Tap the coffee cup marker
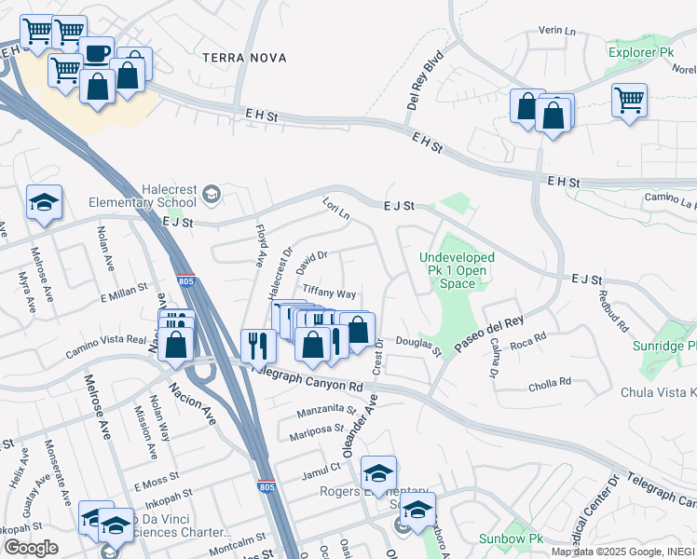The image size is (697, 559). (95, 52)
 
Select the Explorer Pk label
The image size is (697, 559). (640, 52)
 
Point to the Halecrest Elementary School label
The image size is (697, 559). (143, 195)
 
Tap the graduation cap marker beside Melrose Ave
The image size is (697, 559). (44, 203)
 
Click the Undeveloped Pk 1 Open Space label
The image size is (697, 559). (457, 269)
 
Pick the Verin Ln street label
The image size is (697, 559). (558, 31)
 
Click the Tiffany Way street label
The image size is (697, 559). (329, 293)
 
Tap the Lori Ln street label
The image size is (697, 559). (335, 209)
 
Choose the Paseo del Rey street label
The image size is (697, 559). (489, 334)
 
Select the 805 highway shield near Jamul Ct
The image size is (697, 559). (266, 485)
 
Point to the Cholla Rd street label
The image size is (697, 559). (549, 382)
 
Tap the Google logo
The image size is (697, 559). (31, 548)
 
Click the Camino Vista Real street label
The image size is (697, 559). (106, 348)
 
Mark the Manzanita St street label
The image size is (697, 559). (326, 410)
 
